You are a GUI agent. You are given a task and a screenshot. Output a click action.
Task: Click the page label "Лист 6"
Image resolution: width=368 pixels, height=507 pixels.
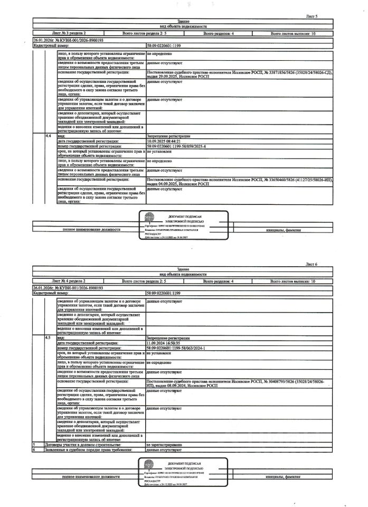pos(312,263)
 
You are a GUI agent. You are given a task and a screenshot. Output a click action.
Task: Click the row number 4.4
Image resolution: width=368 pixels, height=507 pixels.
pos(49,136)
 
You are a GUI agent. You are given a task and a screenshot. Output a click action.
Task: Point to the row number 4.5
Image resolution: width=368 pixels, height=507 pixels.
pos(49,336)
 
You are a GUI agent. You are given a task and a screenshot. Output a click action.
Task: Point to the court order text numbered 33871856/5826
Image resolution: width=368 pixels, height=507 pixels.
pos(238,73)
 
